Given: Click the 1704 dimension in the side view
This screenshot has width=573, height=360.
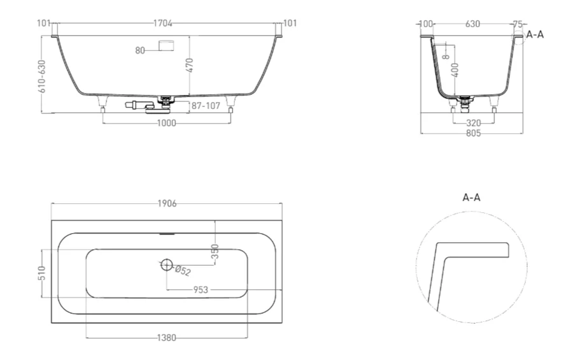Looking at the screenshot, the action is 162,24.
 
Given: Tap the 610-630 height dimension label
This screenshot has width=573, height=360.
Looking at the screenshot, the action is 43,76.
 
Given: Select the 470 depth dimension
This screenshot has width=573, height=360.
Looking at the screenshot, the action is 190,65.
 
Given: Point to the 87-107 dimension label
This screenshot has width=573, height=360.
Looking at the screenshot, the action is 206,106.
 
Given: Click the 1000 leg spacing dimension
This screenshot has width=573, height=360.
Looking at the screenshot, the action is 167,123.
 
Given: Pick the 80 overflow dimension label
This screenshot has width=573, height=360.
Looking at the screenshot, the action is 140,50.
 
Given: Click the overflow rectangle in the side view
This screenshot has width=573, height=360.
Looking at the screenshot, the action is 166,46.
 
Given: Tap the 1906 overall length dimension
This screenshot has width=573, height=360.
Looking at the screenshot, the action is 167,203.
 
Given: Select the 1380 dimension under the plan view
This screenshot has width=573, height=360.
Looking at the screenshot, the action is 167,338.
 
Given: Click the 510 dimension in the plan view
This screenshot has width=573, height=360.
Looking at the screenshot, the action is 43,273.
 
